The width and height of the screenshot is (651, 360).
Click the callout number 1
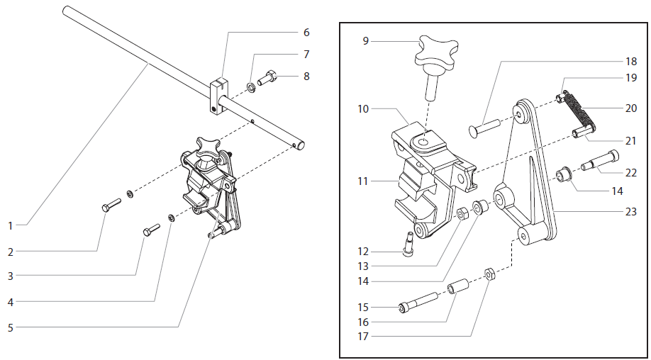click(10, 225)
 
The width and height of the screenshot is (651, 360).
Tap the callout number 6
click(306, 33)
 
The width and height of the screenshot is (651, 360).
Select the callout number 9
click(365, 41)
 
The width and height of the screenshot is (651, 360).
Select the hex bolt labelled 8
click(269, 77)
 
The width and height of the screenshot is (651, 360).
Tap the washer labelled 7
click(251, 88)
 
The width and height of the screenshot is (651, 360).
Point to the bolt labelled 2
click(111, 205)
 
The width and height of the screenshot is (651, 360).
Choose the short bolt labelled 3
click(151, 230)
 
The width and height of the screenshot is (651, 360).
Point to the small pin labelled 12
click(410, 244)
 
